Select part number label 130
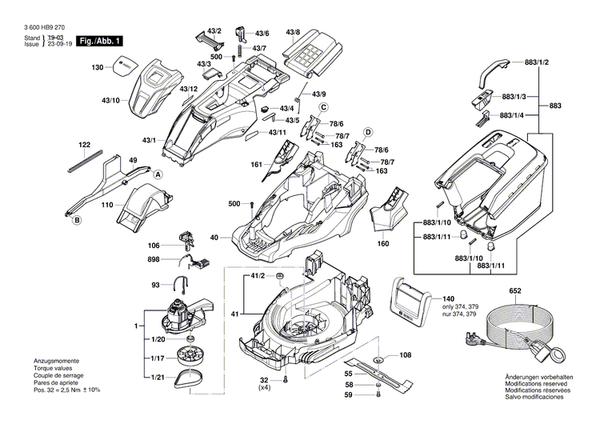click(x=98, y=68)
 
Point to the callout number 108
click(x=405, y=354)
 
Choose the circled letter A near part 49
click(x=158, y=174)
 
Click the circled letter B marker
click(x=78, y=219)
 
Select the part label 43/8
click(x=294, y=33)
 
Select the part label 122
click(x=85, y=145)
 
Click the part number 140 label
click(x=447, y=296)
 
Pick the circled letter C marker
click(x=324, y=107)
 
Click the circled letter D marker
click(x=369, y=131)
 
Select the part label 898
click(x=153, y=259)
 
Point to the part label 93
click(x=155, y=284)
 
